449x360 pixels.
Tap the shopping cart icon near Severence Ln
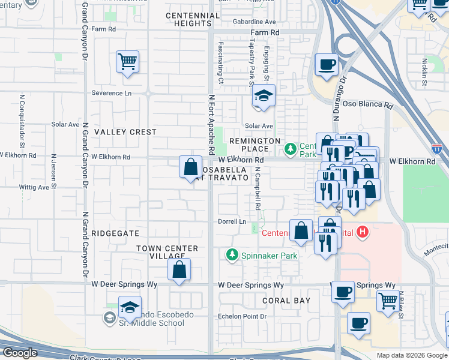tap(128, 61)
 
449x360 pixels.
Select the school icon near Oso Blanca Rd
tap(263, 96)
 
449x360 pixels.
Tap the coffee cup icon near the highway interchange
tap(327, 65)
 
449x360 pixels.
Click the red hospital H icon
tap(362, 231)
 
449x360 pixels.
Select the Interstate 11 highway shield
tap(436, 148)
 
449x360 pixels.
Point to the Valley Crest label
tap(125, 132)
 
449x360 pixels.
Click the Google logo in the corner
tap(19, 353)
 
